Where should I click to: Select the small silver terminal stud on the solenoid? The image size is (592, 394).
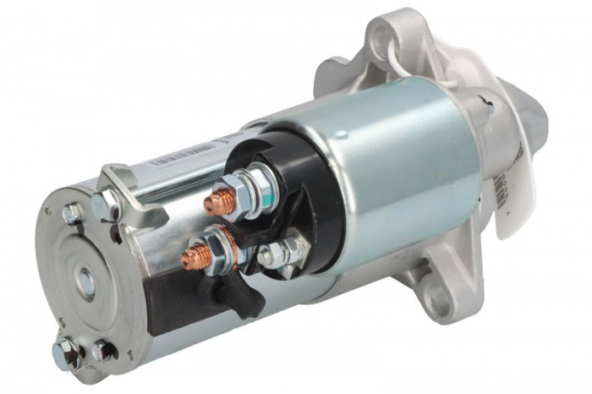coord(269,254)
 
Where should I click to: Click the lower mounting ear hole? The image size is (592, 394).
coord(436,298)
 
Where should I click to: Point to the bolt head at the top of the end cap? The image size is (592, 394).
coord(73,214)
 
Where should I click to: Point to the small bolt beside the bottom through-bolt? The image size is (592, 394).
coord(102,346)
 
